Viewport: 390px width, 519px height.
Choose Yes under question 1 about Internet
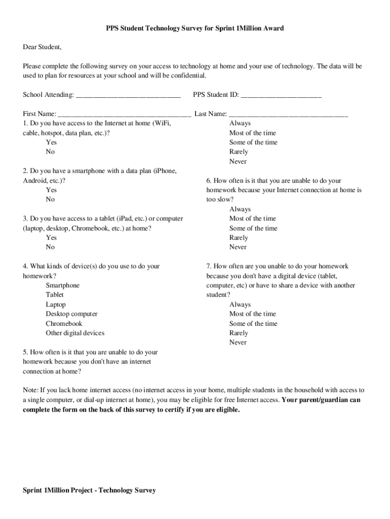pyautogui.click(x=51, y=142)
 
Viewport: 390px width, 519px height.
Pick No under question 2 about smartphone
pyautogui.click(x=50, y=200)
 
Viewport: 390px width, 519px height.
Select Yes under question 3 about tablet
pyautogui.click(x=51, y=238)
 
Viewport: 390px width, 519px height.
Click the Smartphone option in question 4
pyautogui.click(x=62, y=285)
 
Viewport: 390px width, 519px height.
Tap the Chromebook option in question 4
pyautogui.click(x=64, y=323)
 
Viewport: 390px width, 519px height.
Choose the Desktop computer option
pyautogui.click(x=71, y=314)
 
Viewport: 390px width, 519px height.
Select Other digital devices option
pyautogui.click(x=75, y=333)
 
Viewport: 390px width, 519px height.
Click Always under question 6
pyautogui.click(x=240, y=209)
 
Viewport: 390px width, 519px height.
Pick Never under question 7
pyautogui.click(x=238, y=343)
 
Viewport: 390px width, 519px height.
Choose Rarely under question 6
pyautogui.click(x=239, y=238)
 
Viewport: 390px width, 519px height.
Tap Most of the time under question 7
pyautogui.click(x=252, y=314)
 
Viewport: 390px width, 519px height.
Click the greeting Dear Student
pyautogui.click(x=42, y=48)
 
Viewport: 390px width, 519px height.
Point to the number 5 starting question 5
pyautogui.click(x=25, y=352)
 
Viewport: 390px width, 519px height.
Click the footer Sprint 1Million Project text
pyautogui.click(x=89, y=490)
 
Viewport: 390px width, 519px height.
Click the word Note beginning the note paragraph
pyautogui.click(x=30, y=390)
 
